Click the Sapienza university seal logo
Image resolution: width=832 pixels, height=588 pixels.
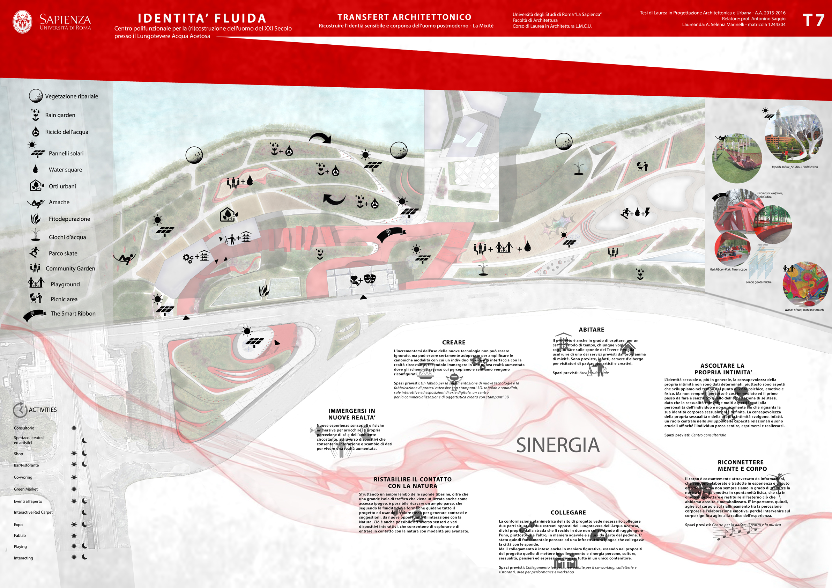(22, 22)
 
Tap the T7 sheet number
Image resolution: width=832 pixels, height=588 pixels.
(813, 20)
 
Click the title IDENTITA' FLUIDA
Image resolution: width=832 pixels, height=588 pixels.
(202, 18)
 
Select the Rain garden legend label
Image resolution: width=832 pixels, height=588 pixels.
(60, 115)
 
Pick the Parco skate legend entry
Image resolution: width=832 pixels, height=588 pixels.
(63, 253)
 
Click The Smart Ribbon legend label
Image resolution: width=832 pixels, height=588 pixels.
(73, 314)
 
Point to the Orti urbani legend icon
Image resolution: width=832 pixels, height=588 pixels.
(36, 186)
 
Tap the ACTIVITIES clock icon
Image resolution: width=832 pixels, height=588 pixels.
(20, 410)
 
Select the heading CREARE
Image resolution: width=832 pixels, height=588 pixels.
(453, 342)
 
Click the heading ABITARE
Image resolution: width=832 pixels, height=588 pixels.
(591, 330)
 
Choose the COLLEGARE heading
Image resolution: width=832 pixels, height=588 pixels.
(568, 512)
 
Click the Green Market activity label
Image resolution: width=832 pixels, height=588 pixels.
(26, 489)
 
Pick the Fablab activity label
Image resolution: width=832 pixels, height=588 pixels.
(20, 535)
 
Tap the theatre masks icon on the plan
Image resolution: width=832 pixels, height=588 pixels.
(370, 278)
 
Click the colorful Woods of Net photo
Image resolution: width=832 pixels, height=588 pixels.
(805, 285)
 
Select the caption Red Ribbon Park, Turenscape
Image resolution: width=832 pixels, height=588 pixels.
(728, 269)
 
